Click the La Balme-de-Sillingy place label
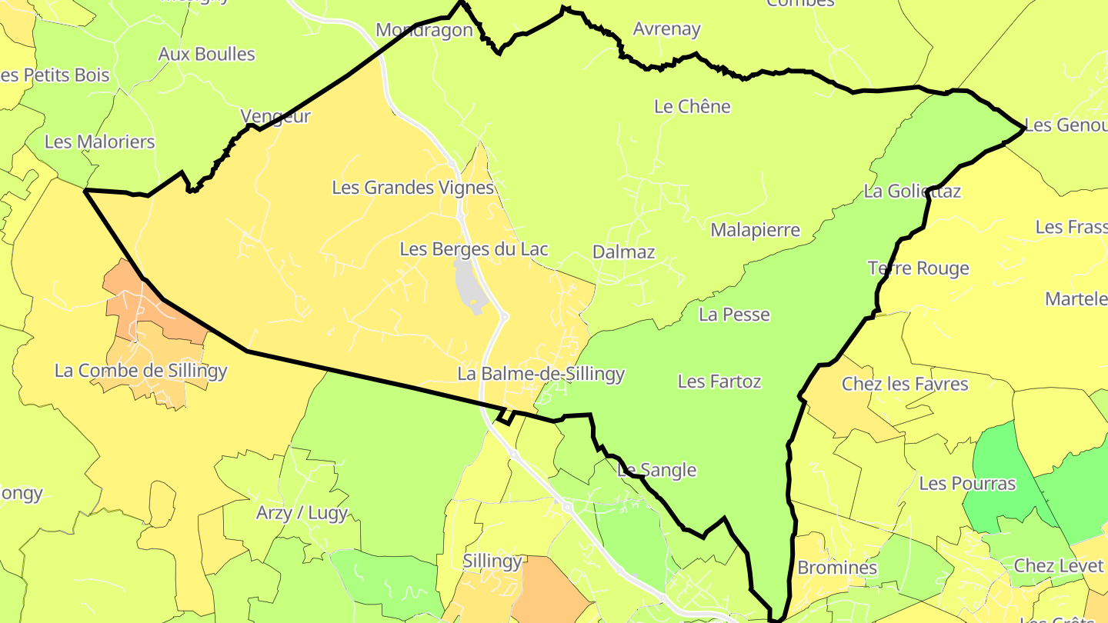pos(541,374)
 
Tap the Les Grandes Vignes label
pos(412,187)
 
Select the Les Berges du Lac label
pos(474,249)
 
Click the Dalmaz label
pos(623,252)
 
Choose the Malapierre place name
pos(755,230)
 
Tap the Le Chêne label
pos(692,106)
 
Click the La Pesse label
pos(734,314)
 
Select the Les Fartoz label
pos(719,381)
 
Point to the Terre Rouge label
pos(918,268)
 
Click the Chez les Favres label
pos(905,383)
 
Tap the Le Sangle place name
pos(657,470)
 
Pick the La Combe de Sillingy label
pos(141,371)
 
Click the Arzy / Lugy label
pos(302,512)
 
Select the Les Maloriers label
pos(100,142)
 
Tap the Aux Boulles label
pos(206,54)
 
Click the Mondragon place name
pos(424,30)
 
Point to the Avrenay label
pos(666,29)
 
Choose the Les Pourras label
pos(967,484)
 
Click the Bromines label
pos(837,568)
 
